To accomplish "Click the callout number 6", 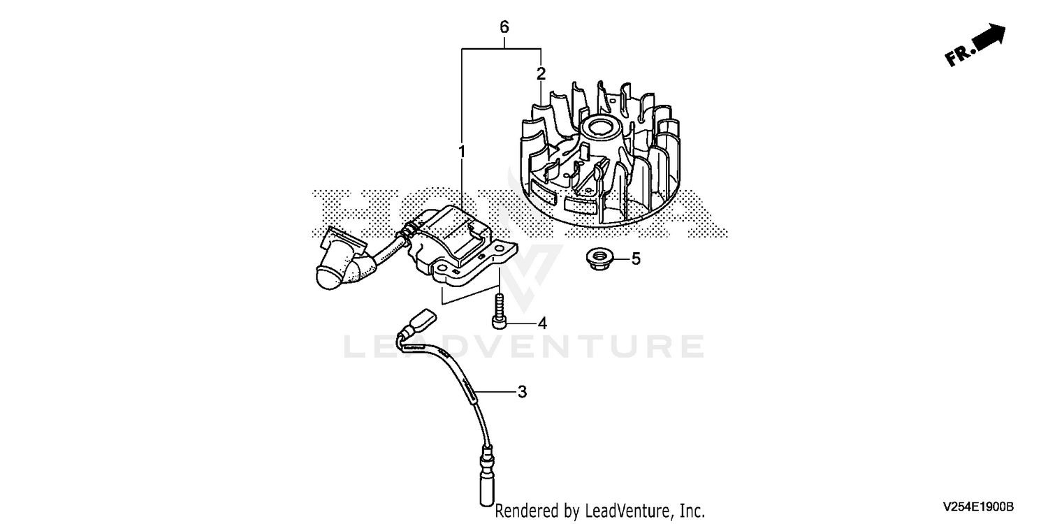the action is click(x=504, y=27).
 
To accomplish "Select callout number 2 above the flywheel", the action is click(x=541, y=73).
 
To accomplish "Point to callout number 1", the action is click(x=462, y=152).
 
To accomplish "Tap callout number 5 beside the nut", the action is click(x=636, y=259).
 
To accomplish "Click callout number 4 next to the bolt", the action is click(x=541, y=323).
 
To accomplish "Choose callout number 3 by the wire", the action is click(x=522, y=391).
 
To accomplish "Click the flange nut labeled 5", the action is click(x=599, y=259).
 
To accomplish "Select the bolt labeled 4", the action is click(x=500, y=311).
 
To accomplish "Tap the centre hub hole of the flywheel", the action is click(x=600, y=126).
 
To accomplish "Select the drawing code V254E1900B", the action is click(x=978, y=507).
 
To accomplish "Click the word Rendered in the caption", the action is click(x=526, y=511).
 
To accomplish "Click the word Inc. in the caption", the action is click(x=692, y=511).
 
